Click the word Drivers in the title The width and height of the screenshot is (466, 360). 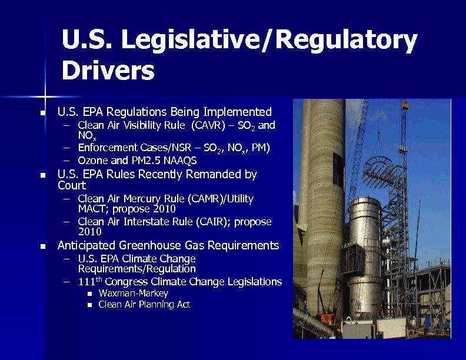click(x=108, y=71)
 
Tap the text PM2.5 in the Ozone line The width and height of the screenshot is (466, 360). click(x=149, y=161)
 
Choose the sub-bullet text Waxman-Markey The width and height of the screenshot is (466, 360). click(x=134, y=293)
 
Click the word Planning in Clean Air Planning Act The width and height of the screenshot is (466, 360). click(x=149, y=304)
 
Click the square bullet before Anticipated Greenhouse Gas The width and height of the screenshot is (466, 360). click(x=42, y=246)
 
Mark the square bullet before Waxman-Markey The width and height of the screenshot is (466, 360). click(x=89, y=294)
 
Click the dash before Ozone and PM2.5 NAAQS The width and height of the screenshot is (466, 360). click(x=67, y=161)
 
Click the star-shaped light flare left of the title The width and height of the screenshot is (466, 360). click(x=45, y=96)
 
